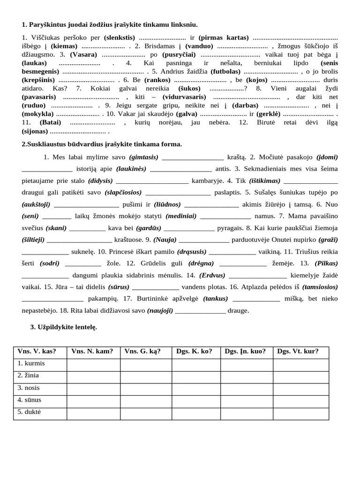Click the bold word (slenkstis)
click(x=120, y=37)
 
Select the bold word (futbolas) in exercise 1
click(x=223, y=72)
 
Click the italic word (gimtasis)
click(x=143, y=157)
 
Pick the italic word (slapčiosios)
click(x=123, y=192)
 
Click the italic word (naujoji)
click(x=160, y=310)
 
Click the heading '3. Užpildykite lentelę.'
click(x=64, y=328)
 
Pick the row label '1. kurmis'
click(x=32, y=363)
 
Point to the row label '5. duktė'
click(x=30, y=412)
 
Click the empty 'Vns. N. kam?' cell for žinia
click(x=93, y=375)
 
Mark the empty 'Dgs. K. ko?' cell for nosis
click(x=194, y=388)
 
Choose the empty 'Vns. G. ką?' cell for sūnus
click(x=143, y=400)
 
